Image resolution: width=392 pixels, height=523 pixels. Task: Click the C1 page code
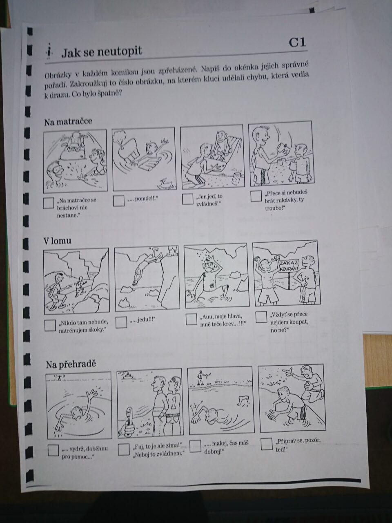297,42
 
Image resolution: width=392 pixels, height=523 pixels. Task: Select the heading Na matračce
68,122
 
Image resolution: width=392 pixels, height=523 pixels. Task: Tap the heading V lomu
57,241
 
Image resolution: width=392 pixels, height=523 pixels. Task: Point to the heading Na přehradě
71,364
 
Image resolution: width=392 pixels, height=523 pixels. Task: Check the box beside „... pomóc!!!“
118,201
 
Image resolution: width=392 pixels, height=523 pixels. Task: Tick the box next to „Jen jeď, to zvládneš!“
187,199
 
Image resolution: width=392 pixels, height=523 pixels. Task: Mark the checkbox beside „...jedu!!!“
121,322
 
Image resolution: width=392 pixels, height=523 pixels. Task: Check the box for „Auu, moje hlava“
192,319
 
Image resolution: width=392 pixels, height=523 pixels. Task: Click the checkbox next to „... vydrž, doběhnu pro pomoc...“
53,450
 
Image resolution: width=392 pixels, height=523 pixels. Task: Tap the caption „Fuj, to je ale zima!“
157,445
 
